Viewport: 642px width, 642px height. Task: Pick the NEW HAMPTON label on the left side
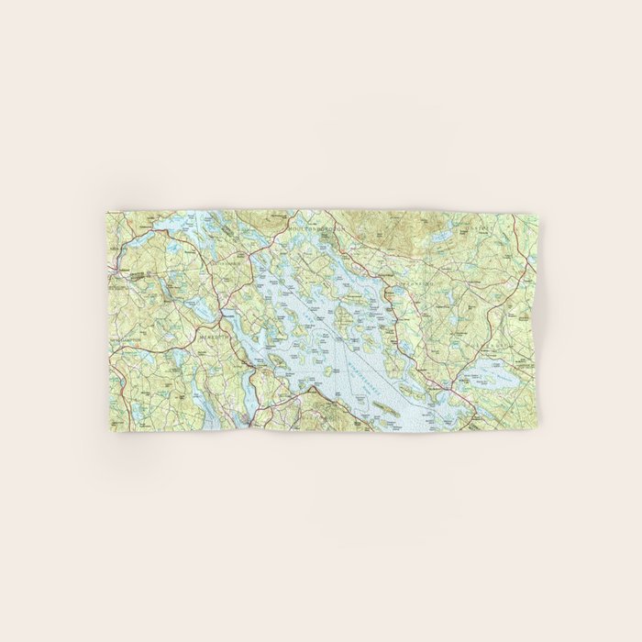124,343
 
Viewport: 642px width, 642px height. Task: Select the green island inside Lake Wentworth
502,377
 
